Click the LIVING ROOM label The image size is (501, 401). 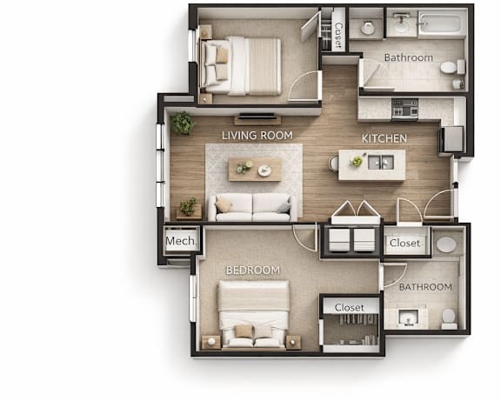[x=257, y=136]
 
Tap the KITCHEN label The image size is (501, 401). [x=384, y=138]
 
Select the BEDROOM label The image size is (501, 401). [x=253, y=271]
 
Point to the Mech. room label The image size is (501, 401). [x=181, y=241]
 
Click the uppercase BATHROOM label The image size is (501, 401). [x=425, y=287]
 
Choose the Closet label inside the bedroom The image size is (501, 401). [x=350, y=307]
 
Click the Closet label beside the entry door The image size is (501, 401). [x=404, y=244]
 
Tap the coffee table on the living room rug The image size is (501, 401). [x=255, y=170]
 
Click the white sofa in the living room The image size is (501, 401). [x=253, y=207]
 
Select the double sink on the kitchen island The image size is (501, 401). [x=381, y=162]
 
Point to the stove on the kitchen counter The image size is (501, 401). [x=404, y=109]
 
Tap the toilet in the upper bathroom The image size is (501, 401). [x=452, y=67]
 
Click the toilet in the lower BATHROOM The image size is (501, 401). [x=449, y=318]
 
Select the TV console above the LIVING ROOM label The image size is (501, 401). [x=257, y=119]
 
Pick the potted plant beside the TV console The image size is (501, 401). [x=183, y=123]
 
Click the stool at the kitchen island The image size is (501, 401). [x=333, y=164]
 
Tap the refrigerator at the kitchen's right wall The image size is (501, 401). [x=451, y=139]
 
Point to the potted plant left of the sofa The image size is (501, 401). [x=188, y=206]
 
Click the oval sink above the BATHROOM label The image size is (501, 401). [x=446, y=245]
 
